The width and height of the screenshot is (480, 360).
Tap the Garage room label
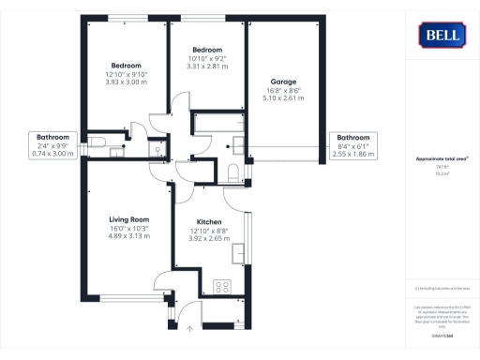pos(284,82)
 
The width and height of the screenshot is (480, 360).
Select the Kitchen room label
pos(208,222)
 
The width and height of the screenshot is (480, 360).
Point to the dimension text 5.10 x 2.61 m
pos(284,97)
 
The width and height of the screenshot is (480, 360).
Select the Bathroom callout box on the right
pos(353,145)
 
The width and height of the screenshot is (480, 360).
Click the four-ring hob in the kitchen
pos(224,287)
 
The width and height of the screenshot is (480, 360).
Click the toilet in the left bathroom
pos(98,142)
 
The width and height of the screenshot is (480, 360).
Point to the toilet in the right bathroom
pos(232,171)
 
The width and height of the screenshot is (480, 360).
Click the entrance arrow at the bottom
pos(190,328)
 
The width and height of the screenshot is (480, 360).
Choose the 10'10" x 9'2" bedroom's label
pos(207,50)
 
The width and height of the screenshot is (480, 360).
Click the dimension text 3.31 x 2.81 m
pos(207,66)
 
